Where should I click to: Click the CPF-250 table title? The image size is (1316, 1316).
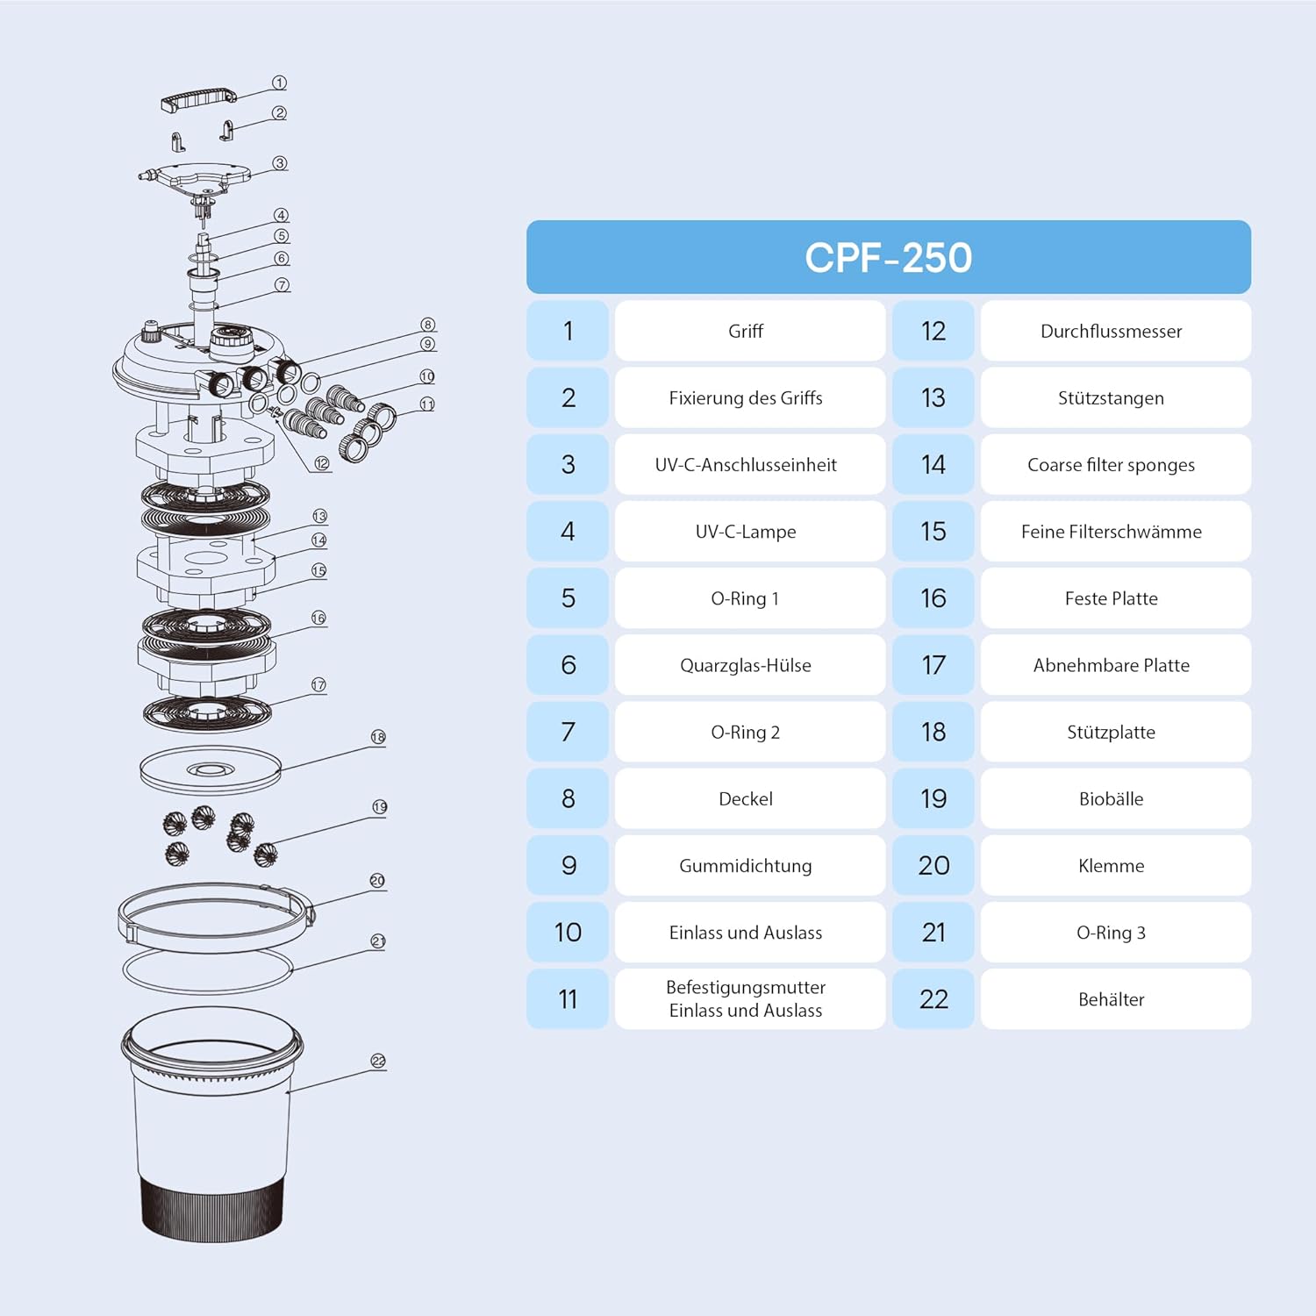[888, 257]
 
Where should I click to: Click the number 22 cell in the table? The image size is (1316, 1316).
[933, 998]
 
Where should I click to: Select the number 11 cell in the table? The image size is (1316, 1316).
[568, 998]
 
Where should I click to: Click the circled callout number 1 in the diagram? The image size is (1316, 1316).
[279, 82]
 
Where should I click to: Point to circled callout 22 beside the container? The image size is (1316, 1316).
[378, 1061]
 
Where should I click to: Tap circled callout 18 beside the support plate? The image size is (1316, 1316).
[378, 737]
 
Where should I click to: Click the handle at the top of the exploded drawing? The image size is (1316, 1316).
[199, 98]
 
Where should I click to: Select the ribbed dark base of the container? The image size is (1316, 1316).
[212, 1208]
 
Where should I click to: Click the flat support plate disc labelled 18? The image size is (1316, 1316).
[211, 769]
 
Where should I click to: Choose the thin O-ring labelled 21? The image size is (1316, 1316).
[207, 969]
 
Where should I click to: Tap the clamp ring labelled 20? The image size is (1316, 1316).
[216, 918]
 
